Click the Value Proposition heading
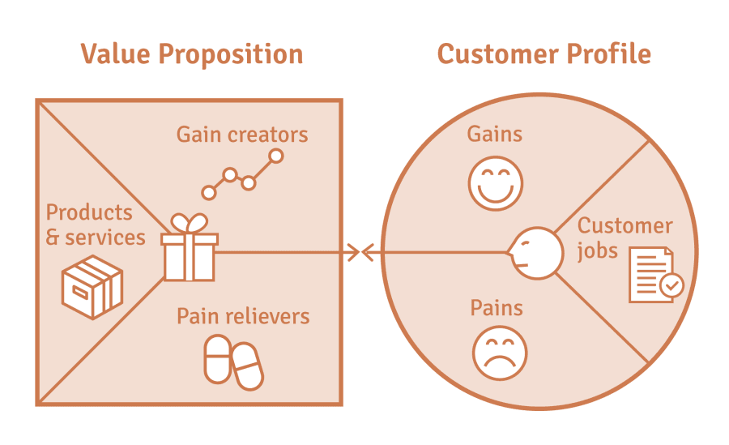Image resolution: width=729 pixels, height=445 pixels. coord(191,54)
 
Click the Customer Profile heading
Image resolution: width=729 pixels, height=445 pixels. coord(544,54)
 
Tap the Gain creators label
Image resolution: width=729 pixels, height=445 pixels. coord(242,134)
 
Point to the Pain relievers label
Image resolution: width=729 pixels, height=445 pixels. coord(243,315)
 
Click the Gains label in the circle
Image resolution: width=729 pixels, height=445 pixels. coord(494,134)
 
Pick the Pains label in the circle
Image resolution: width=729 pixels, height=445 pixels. coord(497,308)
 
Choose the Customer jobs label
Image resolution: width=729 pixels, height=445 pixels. coord(625,237)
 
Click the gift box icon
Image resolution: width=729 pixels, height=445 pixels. coord(190,256)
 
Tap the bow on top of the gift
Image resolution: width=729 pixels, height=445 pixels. coord(190,223)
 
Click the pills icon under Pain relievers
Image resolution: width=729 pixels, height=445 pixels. coord(233,362)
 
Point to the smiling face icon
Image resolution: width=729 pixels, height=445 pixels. coord(496,182)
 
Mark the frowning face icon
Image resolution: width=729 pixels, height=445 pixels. coord(500,353)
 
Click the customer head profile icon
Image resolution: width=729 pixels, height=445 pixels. coord(534,253)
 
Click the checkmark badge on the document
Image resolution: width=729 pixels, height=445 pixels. coord(671,285)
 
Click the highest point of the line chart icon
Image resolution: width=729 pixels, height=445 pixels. coord(275,156)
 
